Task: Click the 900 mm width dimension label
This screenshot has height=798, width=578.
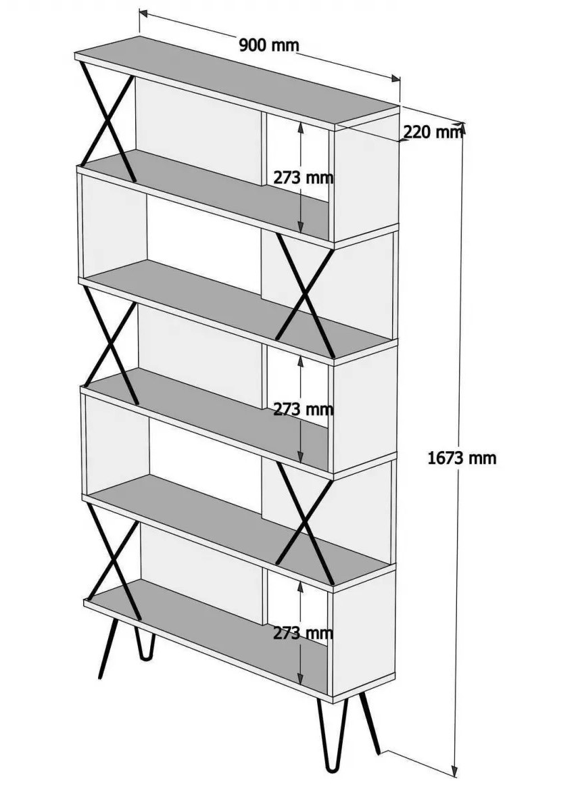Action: (x=268, y=45)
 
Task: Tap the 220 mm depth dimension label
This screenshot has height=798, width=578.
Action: (x=433, y=133)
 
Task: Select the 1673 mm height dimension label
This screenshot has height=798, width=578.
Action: (x=462, y=458)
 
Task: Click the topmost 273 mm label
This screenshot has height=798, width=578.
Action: (x=304, y=178)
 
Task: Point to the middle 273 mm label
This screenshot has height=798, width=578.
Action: (x=304, y=408)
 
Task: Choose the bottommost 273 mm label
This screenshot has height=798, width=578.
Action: (x=304, y=633)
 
